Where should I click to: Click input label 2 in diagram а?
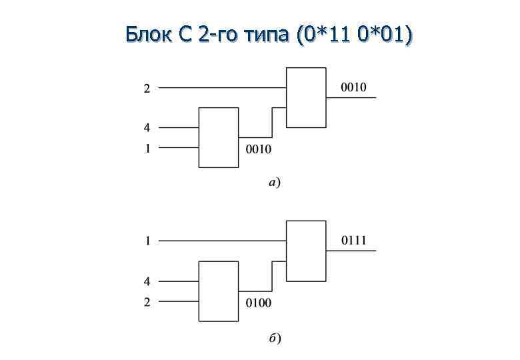(147, 88)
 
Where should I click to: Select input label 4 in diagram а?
(147, 127)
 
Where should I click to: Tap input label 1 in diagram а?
(147, 148)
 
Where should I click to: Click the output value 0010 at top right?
(353, 88)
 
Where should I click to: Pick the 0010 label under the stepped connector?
(259, 149)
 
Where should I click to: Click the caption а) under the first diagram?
(274, 181)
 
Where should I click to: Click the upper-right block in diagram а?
(306, 97)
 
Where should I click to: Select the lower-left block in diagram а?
(219, 137)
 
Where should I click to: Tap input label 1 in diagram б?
(147, 241)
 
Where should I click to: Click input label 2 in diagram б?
(147, 302)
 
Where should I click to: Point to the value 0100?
(259, 303)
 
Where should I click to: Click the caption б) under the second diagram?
(275, 338)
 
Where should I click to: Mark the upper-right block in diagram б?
(306, 251)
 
